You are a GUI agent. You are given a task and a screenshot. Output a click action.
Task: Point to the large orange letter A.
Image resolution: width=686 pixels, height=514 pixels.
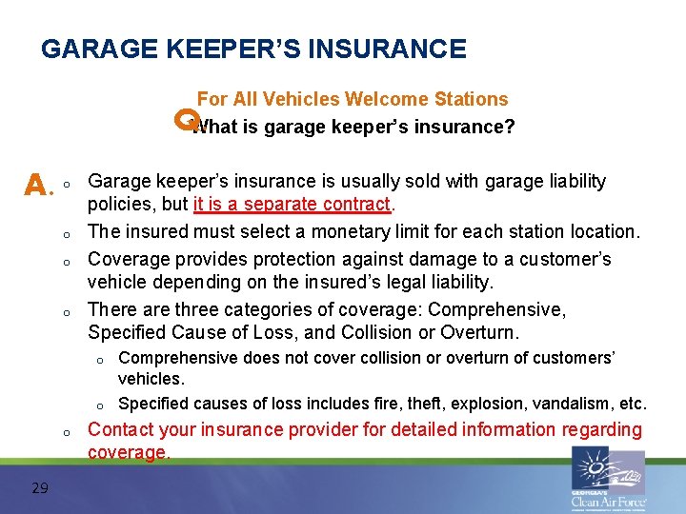tap(34, 183)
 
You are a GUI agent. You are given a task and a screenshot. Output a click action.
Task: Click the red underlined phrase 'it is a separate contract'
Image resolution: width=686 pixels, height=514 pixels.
tap(292, 205)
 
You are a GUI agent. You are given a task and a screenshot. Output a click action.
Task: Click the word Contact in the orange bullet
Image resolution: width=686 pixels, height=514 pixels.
tap(119, 430)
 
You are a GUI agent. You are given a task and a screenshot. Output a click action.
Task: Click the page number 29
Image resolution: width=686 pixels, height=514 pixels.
tap(40, 488)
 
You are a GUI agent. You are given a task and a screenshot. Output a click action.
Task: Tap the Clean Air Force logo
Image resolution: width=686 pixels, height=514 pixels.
tap(608, 479)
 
